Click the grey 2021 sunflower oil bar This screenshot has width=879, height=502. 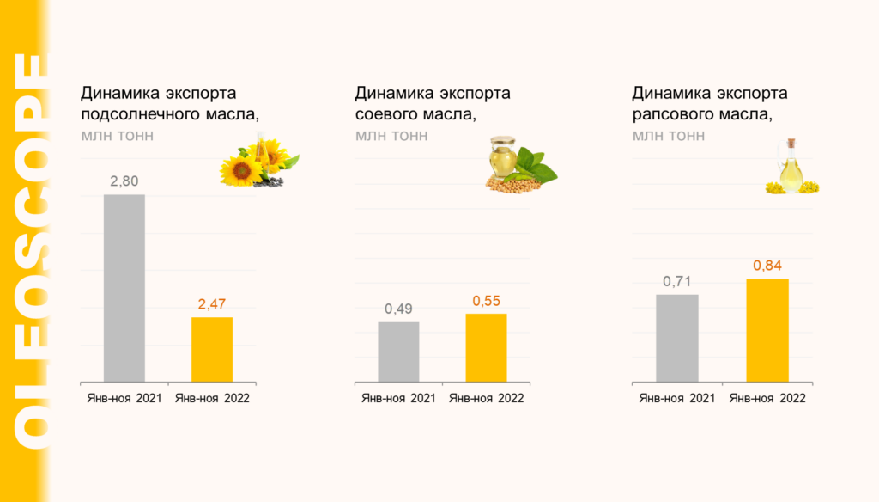tap(124, 288)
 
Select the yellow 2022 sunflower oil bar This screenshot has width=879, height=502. tap(212, 349)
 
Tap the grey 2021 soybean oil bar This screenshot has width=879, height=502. tap(398, 352)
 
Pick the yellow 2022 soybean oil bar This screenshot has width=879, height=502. tap(486, 347)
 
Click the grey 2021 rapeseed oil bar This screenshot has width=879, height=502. tap(677, 338)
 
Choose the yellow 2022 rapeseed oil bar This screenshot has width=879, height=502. tap(767, 330)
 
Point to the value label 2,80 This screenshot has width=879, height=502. tap(124, 181)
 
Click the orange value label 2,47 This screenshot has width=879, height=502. tap(212, 303)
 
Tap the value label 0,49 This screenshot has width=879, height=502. tap(398, 309)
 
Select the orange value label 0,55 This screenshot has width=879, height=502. tap(486, 300)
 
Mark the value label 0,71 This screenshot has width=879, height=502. tap(677, 281)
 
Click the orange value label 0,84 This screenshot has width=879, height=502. tap(767, 266)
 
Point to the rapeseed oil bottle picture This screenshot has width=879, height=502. tap(791, 168)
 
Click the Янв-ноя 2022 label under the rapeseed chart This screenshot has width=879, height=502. tap(767, 398)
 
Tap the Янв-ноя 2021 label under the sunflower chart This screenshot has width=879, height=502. tap(124, 398)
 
